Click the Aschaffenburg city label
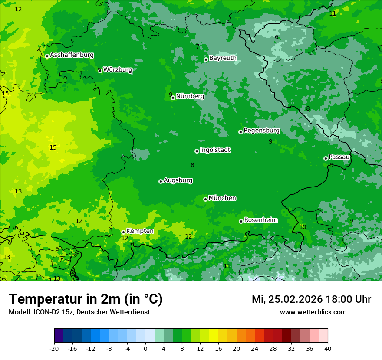(x=72, y=55)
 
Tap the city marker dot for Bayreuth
(x=206, y=60)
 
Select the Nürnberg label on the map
(x=190, y=96)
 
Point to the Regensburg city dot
(x=240, y=132)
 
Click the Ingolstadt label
(x=215, y=150)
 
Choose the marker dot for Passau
(x=326, y=158)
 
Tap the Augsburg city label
(x=178, y=180)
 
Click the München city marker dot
(x=205, y=200)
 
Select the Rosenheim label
(x=260, y=220)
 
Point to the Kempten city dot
(x=123, y=232)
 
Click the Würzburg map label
(x=118, y=69)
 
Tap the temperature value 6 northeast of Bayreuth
(x=277, y=37)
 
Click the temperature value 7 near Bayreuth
(x=198, y=46)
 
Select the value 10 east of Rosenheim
(x=303, y=227)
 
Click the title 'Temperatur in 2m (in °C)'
(x=86, y=299)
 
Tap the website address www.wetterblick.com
(x=313, y=312)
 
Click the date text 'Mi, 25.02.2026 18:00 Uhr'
(x=311, y=299)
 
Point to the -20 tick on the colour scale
(x=54, y=349)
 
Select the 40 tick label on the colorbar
(x=328, y=349)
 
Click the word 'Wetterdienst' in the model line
(x=132, y=312)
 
